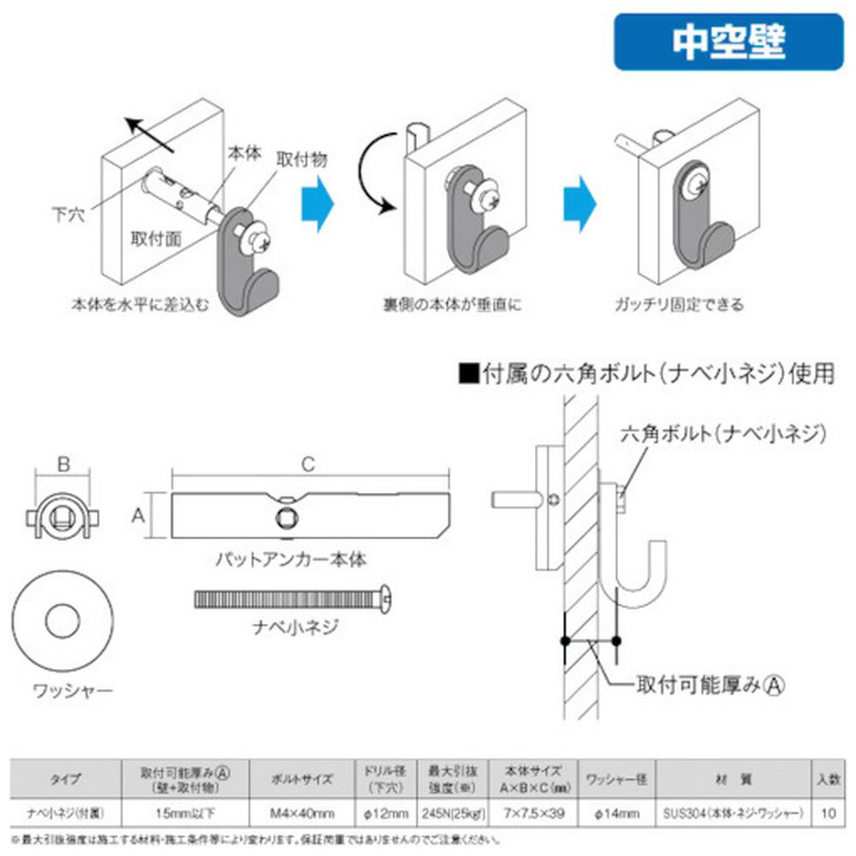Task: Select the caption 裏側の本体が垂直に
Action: click(452, 304)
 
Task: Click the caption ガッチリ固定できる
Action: click(679, 304)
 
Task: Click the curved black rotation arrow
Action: click(373, 171)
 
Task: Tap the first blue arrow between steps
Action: click(318, 204)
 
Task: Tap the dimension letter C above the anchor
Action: click(309, 464)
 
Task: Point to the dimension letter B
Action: click(62, 466)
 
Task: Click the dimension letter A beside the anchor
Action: click(137, 515)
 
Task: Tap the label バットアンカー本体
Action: click(290, 561)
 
